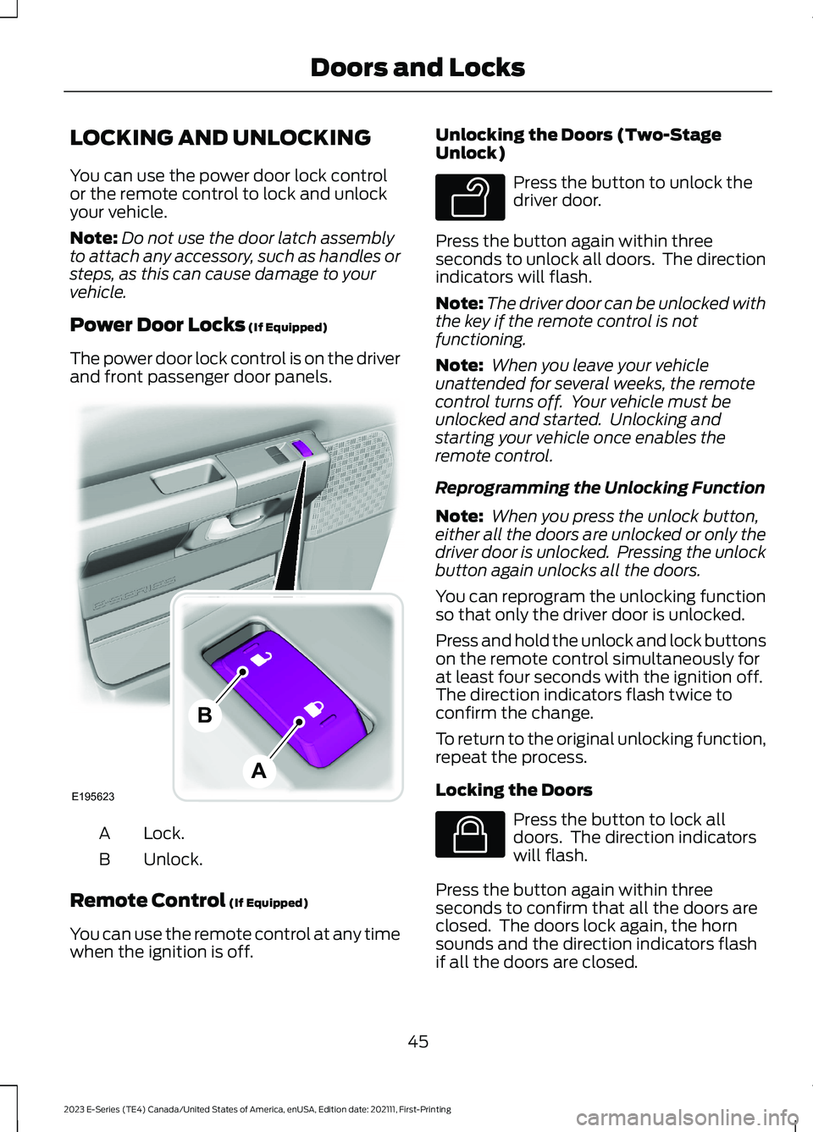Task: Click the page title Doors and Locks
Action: click(x=418, y=68)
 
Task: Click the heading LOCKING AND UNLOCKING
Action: click(x=220, y=138)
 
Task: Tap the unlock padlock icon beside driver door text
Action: click(x=470, y=197)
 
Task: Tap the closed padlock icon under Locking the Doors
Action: click(x=470, y=834)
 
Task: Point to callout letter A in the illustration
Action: click(x=259, y=770)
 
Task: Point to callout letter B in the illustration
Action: click(x=205, y=715)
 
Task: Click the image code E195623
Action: click(x=93, y=797)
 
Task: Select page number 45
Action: click(x=418, y=1041)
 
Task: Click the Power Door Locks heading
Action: click(x=158, y=325)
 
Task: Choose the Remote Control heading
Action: click(x=147, y=900)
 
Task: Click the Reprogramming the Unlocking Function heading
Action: click(x=600, y=488)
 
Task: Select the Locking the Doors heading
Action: click(x=513, y=790)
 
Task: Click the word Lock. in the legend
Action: click(x=163, y=833)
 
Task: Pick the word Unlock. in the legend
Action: click(x=173, y=859)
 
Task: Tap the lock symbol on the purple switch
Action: click(x=313, y=708)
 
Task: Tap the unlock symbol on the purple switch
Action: click(x=262, y=658)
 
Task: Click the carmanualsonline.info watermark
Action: click(x=686, y=1118)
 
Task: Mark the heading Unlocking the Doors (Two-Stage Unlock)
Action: click(x=578, y=144)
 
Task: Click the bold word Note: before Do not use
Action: click(x=93, y=238)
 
